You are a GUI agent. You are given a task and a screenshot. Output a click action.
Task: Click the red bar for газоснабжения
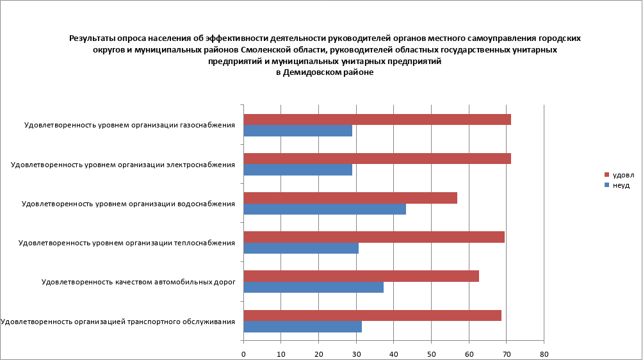[377, 120]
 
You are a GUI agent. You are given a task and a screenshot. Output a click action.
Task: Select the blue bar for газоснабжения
[298, 131]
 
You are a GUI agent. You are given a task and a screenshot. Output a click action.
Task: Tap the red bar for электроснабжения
[377, 159]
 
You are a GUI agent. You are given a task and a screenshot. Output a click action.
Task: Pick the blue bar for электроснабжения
[298, 170]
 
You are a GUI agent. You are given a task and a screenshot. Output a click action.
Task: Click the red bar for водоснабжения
[350, 198]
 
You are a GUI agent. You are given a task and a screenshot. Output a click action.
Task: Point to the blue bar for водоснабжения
[325, 209]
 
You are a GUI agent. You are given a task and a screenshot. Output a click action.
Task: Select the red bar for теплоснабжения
[374, 237]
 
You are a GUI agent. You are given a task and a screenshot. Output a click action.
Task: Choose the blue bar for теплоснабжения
[301, 249]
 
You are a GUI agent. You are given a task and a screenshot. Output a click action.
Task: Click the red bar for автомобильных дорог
[361, 276]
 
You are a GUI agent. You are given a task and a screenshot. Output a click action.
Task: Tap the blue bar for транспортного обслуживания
[302, 327]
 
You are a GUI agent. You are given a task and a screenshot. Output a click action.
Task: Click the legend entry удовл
[623, 175]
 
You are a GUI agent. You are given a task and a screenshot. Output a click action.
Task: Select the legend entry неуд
[621, 185]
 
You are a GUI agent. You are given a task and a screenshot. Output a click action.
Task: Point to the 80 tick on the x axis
[544, 353]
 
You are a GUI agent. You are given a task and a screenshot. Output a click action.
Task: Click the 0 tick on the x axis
[243, 353]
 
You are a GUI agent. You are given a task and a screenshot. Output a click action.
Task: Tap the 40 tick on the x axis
[393, 353]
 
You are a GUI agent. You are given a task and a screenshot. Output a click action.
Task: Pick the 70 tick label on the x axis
[506, 353]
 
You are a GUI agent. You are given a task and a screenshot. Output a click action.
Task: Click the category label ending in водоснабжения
[128, 204]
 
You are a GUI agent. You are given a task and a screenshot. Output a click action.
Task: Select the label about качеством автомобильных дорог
[138, 282]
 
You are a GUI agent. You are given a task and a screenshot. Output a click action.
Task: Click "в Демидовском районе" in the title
[325, 73]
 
